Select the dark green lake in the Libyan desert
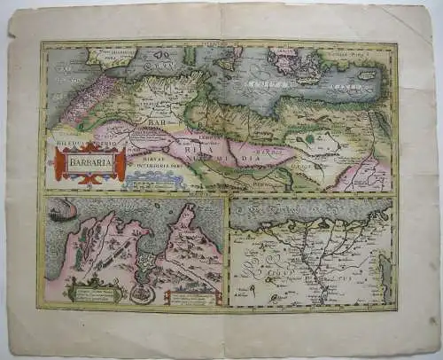308,139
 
